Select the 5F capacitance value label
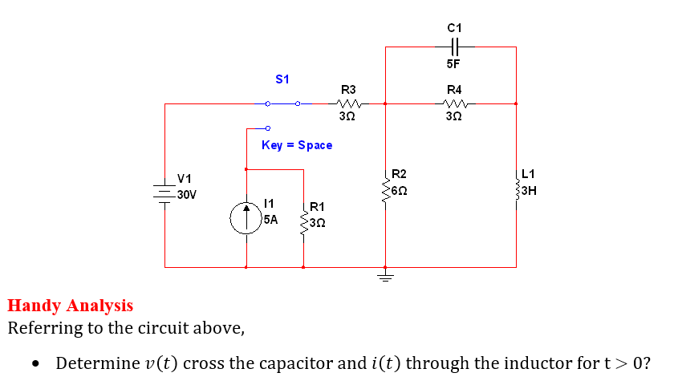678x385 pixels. click(453, 63)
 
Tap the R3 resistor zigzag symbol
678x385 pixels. click(348, 103)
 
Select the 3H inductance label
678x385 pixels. click(530, 192)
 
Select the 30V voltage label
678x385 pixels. click(187, 195)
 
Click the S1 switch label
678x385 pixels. click(282, 79)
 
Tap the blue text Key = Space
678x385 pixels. click(296, 145)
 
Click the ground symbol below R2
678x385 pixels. click(386, 278)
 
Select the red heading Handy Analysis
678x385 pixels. click(70, 306)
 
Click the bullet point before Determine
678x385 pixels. click(35, 364)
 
